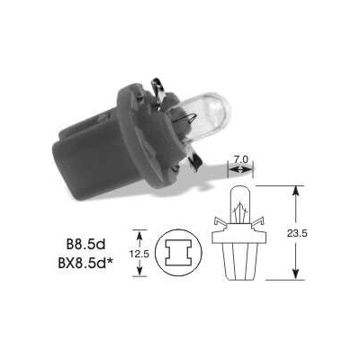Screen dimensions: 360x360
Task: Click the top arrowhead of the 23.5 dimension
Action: coord(295,189)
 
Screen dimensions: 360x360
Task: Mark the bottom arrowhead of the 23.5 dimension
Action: coord(295,274)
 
